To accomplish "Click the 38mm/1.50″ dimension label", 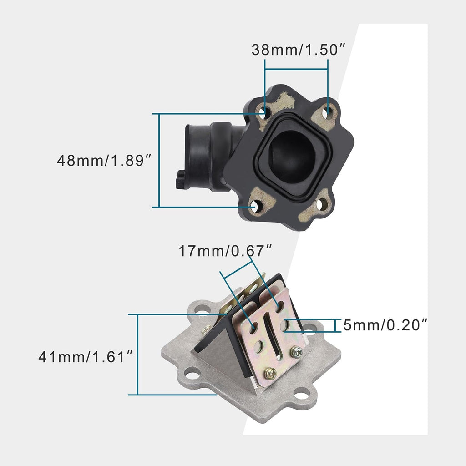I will (296, 50).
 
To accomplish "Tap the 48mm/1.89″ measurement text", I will (104, 160).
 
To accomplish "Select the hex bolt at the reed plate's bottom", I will (270, 373).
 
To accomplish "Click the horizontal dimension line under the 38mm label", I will (296, 70).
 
